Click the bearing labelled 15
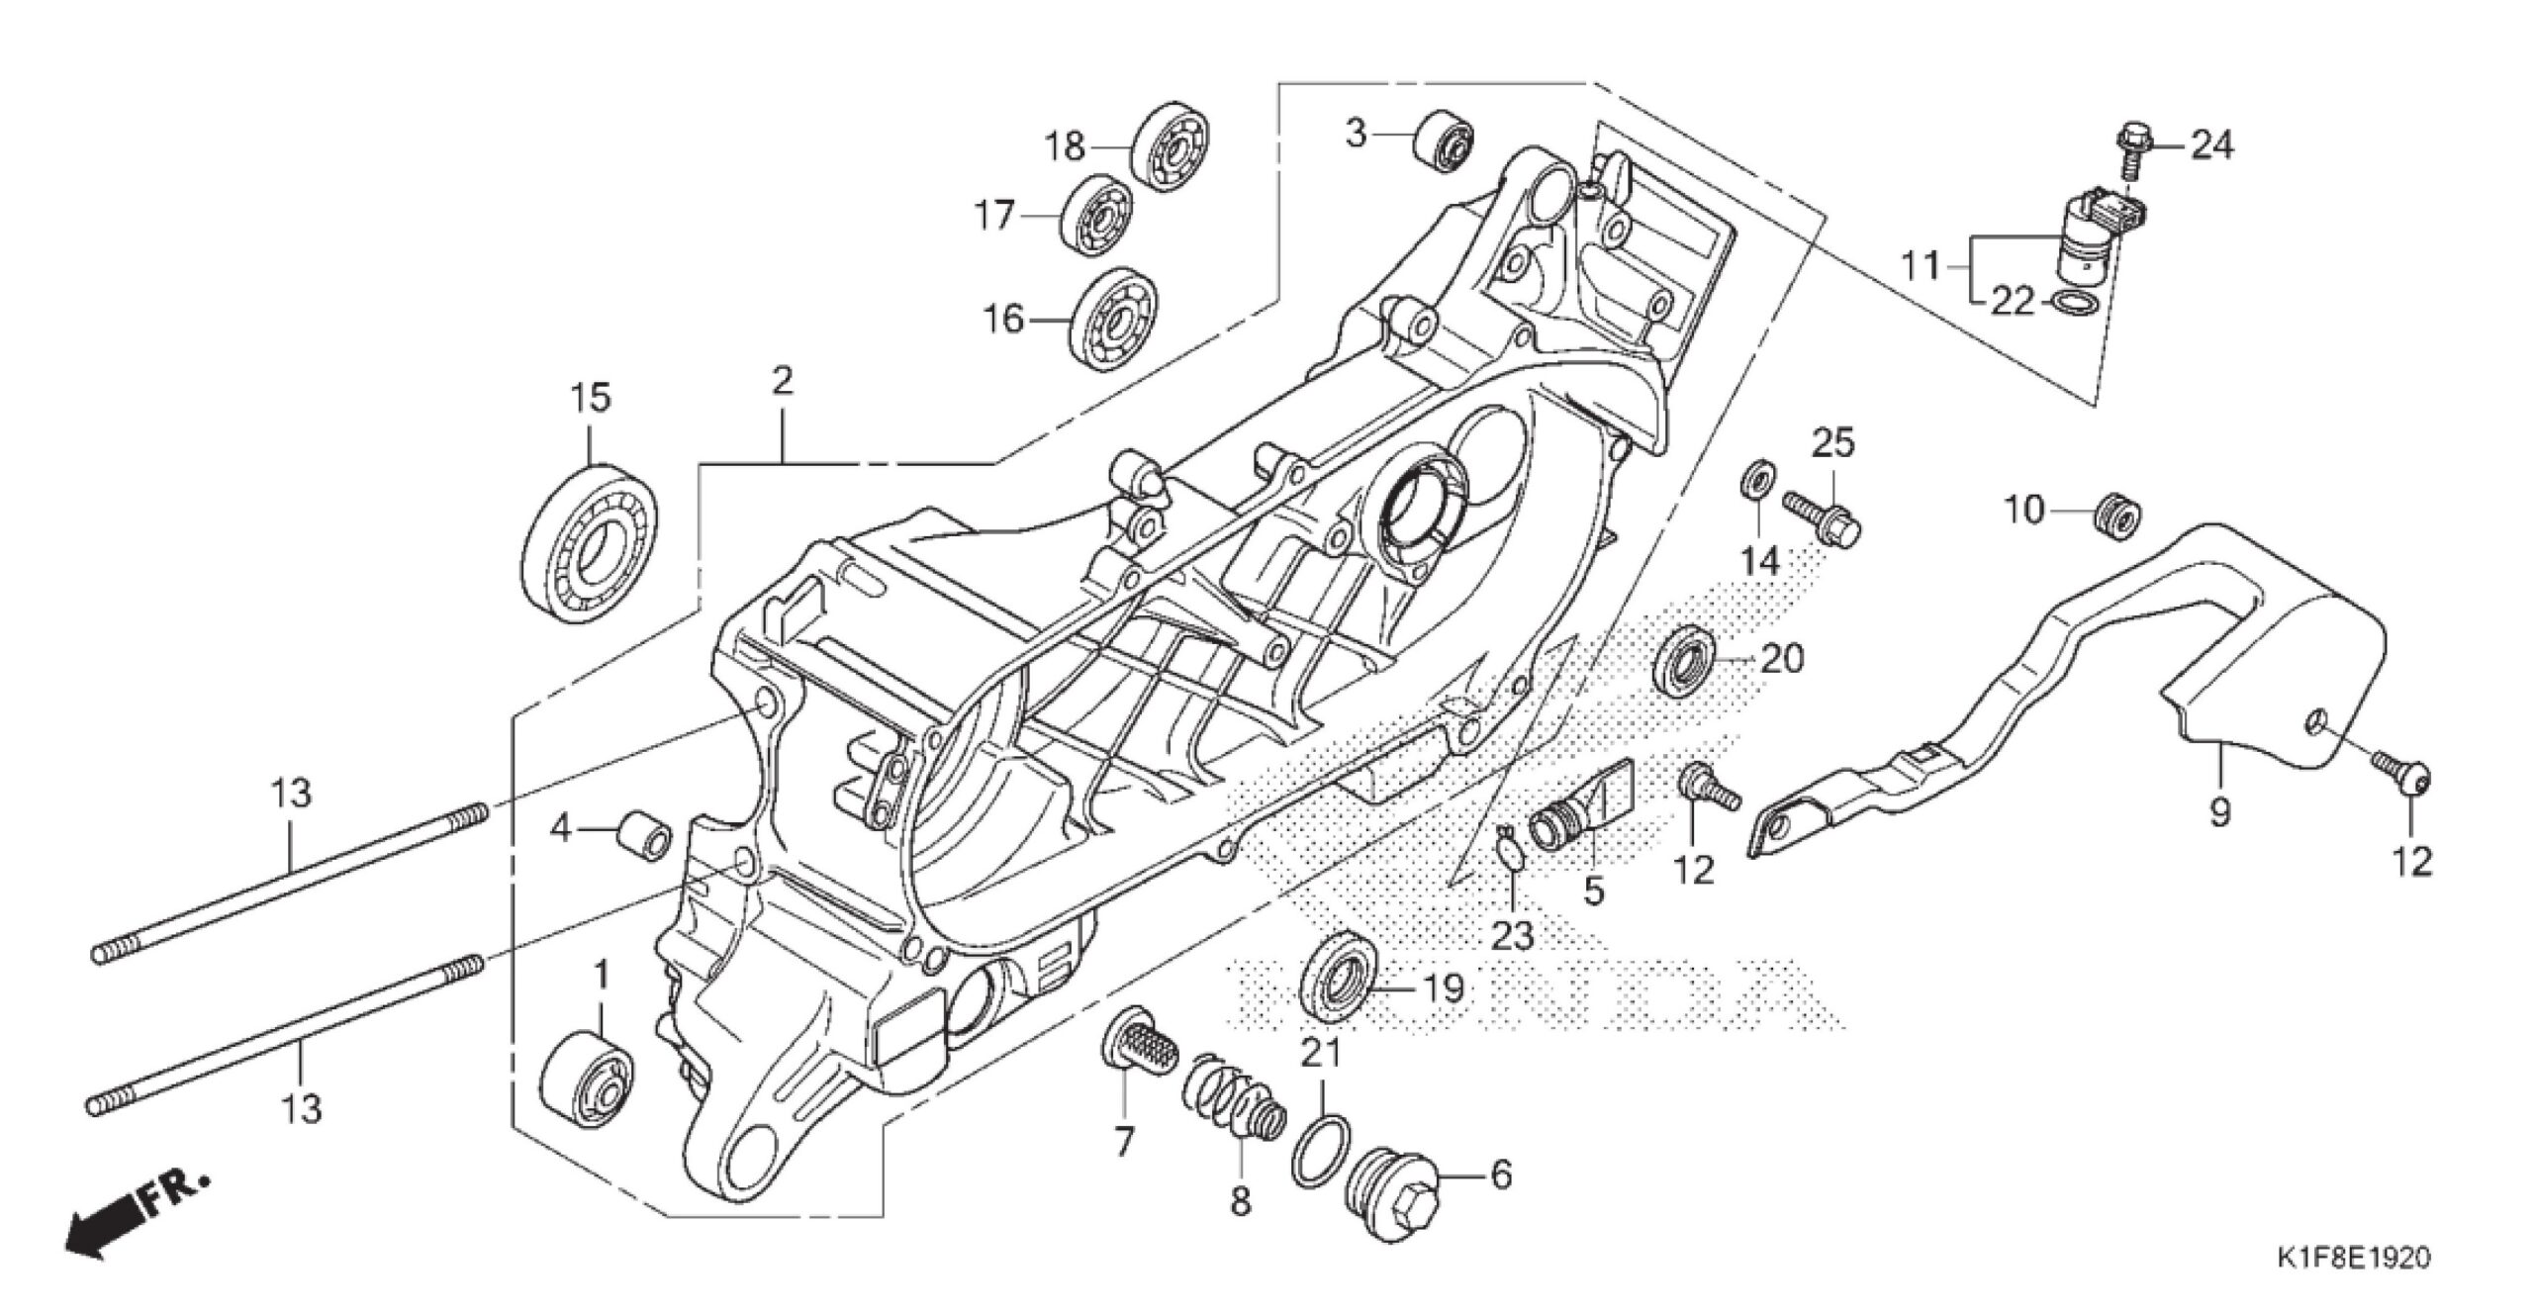tap(590, 543)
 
